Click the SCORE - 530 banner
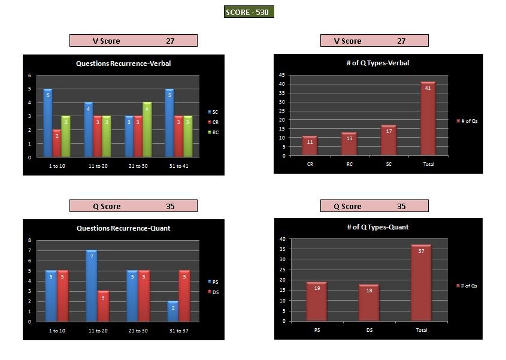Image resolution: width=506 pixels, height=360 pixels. click(249, 12)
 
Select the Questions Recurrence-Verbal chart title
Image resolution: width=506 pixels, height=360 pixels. click(123, 63)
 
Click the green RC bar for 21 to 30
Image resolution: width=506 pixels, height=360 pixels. click(147, 129)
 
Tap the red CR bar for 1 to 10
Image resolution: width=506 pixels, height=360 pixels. click(56, 143)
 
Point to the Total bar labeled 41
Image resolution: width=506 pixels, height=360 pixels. click(428, 119)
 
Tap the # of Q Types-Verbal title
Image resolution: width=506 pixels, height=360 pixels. click(378, 63)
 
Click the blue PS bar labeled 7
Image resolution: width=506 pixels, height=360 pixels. click(91, 286)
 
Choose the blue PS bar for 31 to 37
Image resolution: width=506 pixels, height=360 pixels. click(173, 311)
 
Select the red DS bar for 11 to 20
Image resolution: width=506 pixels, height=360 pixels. click(103, 306)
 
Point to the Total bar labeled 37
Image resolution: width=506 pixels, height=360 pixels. click(421, 283)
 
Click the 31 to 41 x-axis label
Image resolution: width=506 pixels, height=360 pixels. click(178, 165)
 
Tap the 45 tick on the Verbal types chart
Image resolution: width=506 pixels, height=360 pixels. click(281, 75)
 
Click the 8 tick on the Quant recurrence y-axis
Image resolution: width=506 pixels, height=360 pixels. click(30, 240)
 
